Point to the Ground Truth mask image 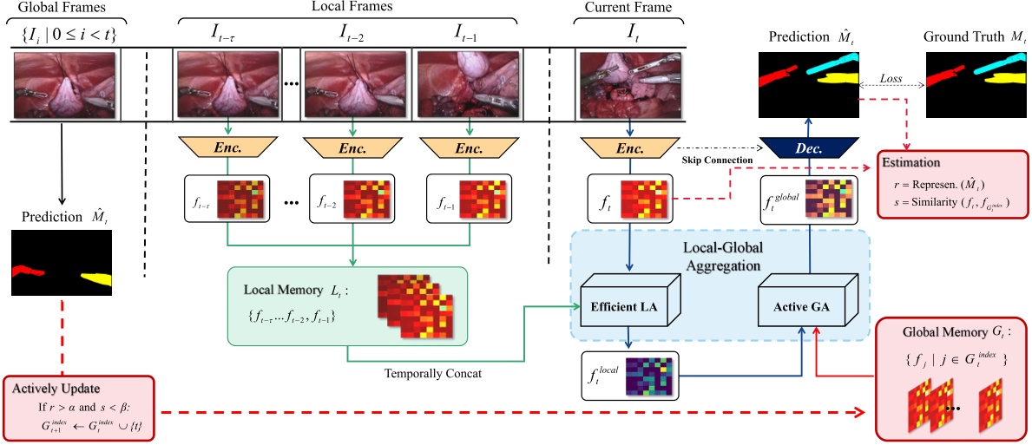click(975, 83)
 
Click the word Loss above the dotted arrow click(891, 78)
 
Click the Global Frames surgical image click(66, 83)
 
